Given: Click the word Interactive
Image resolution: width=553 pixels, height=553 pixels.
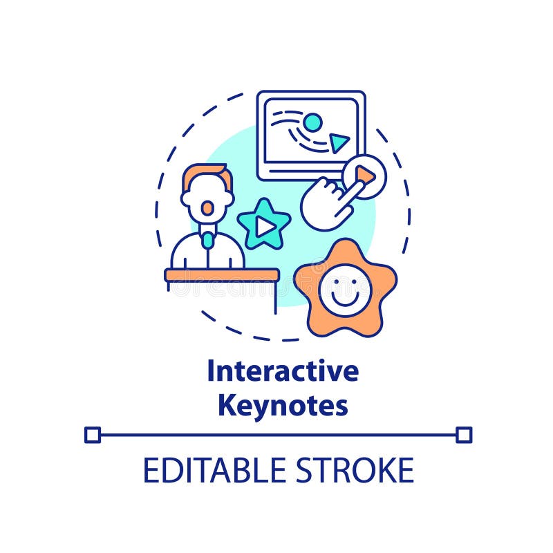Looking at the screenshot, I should [x=283, y=372].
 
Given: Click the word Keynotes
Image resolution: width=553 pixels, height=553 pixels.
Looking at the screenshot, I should [x=283, y=406].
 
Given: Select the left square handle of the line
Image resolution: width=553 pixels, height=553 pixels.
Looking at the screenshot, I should [x=93, y=435].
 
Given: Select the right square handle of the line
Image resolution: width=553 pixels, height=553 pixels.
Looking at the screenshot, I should [x=464, y=435].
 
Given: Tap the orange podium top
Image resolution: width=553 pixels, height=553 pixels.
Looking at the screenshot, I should [x=222, y=275].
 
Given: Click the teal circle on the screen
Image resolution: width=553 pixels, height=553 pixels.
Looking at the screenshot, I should [x=312, y=122].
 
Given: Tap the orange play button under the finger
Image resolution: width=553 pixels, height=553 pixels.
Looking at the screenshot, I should [x=365, y=177].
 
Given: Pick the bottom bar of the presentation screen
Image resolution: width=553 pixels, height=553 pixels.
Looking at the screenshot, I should [x=311, y=169].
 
